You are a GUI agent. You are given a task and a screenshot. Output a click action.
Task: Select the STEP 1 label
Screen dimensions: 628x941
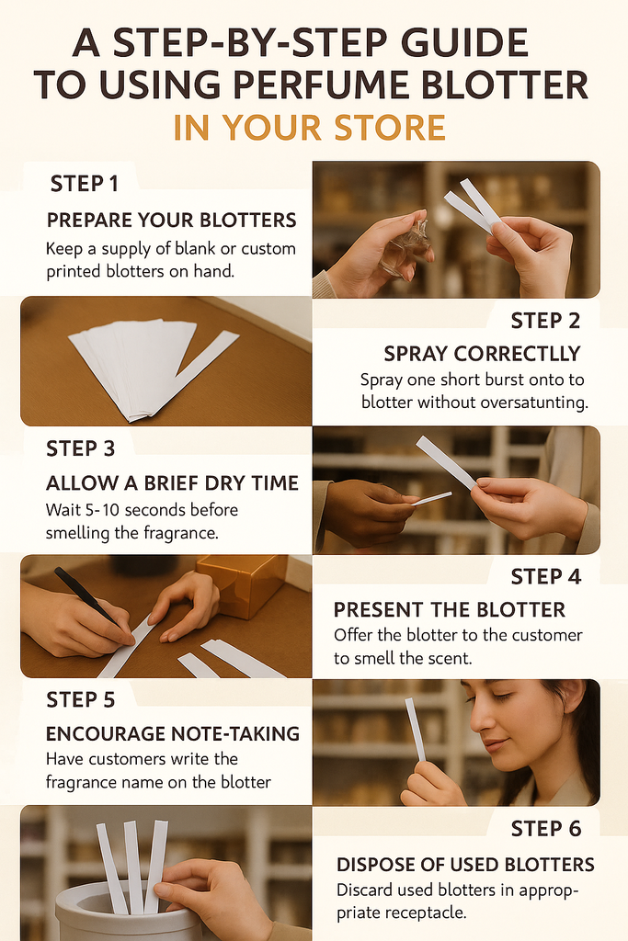(84, 184)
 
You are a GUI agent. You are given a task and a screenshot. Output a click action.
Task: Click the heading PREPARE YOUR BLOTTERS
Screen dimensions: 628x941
(172, 221)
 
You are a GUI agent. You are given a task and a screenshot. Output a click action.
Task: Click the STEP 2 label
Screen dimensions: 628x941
(545, 321)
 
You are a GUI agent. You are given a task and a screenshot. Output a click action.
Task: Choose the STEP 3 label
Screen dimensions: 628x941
(80, 448)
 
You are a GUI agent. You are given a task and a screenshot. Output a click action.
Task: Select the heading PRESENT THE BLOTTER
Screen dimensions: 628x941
(449, 610)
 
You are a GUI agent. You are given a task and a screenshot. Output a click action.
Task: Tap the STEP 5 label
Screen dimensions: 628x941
(80, 700)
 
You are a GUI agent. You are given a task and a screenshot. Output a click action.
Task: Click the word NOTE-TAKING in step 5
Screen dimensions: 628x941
(235, 734)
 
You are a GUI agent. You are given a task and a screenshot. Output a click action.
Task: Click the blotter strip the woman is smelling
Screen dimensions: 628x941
(416, 730)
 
